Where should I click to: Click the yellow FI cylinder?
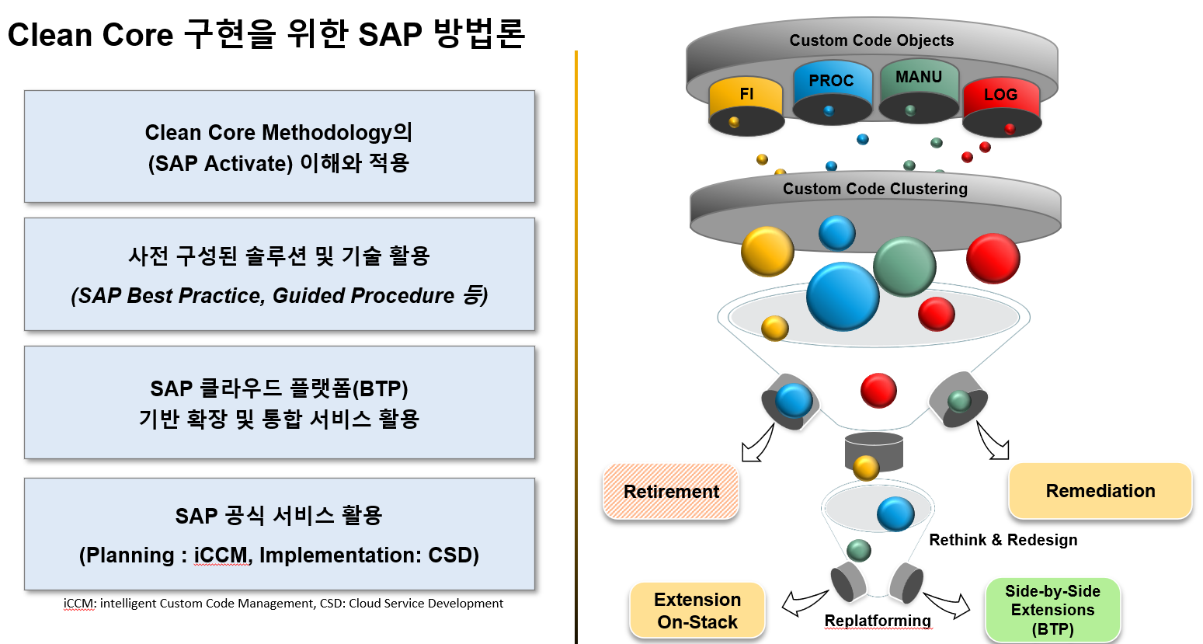click(746, 106)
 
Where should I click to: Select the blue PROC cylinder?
click(832, 92)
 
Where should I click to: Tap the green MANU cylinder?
click(919, 92)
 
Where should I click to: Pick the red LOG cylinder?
click(1002, 107)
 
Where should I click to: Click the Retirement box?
click(671, 492)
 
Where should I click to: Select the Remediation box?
click(1100, 490)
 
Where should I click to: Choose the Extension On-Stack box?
click(697, 611)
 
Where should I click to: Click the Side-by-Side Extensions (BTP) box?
click(1052, 610)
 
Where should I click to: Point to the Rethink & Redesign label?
click(1003, 540)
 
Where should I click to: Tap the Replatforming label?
click(878, 621)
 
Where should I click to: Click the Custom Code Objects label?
click(871, 40)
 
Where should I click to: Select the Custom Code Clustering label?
click(874, 189)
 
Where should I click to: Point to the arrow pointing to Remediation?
click(993, 441)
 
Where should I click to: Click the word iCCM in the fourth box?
click(221, 555)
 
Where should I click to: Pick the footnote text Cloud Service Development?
click(426, 603)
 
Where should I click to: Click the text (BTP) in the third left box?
click(381, 388)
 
